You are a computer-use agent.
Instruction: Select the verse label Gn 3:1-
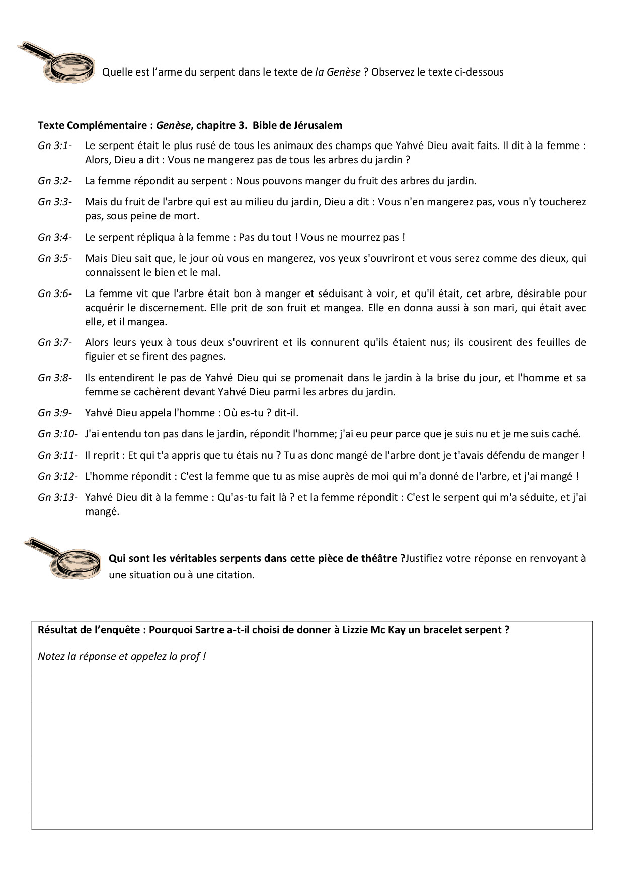click(55, 146)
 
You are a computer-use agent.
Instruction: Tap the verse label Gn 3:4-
click(55, 237)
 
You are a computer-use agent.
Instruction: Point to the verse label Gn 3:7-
click(55, 343)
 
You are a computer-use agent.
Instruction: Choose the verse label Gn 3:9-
click(55, 413)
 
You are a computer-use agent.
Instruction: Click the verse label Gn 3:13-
click(57, 497)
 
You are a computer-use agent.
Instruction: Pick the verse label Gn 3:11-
click(57, 455)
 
